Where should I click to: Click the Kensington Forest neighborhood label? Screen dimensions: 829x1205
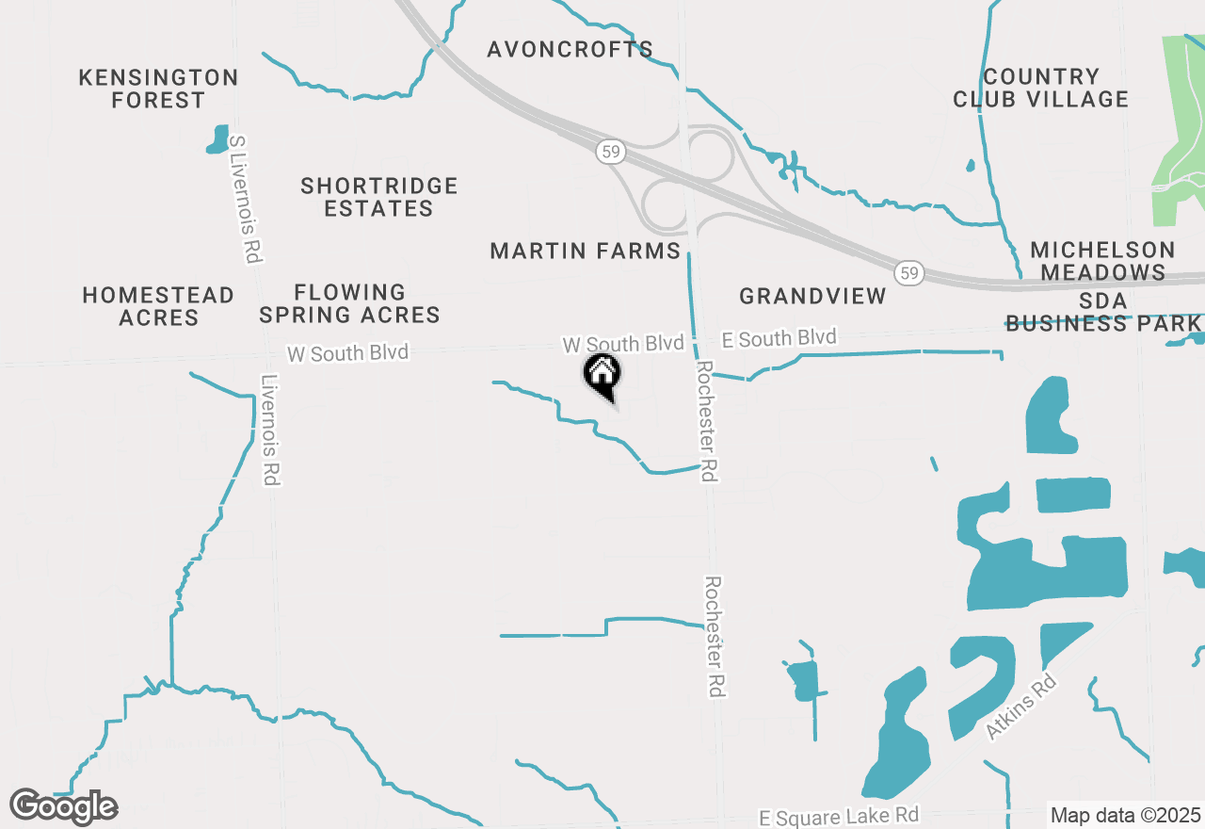point(158,89)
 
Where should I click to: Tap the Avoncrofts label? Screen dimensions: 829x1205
point(570,50)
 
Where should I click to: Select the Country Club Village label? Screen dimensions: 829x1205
point(1040,88)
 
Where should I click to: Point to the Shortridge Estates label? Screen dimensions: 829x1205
point(379,197)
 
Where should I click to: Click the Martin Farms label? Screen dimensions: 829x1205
point(586,251)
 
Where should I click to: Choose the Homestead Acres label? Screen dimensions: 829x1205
point(158,306)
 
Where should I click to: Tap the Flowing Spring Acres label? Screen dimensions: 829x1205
point(350,303)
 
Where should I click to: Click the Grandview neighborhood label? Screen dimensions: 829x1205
point(812,296)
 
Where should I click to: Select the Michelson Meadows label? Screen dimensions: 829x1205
point(1102,261)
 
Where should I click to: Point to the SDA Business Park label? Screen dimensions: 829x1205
point(1103,312)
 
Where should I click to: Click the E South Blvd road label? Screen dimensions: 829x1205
point(779,338)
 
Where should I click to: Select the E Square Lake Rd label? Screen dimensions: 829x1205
point(839,816)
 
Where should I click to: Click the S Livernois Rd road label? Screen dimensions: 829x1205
point(245,198)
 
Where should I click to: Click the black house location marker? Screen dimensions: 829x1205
point(602,375)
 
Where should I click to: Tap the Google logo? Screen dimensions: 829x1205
point(64,806)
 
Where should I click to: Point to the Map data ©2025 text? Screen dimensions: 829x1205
point(1125,815)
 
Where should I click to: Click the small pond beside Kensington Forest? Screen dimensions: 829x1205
point(217,139)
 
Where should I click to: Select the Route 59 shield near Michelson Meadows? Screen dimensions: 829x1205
point(908,273)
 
